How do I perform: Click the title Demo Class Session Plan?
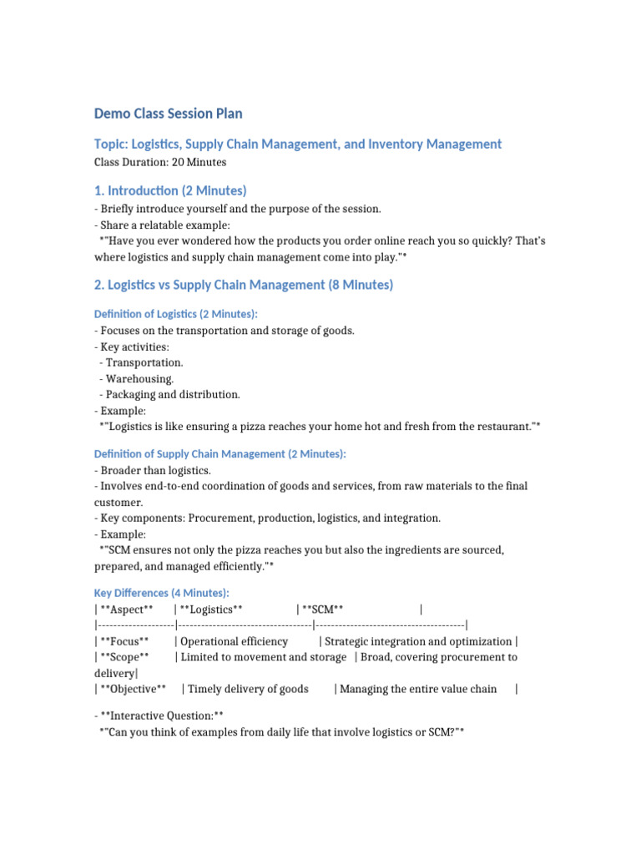click(x=168, y=114)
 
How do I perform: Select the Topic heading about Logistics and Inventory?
click(x=298, y=144)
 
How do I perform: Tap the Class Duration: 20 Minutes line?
click(x=160, y=162)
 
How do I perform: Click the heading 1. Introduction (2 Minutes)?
click(x=170, y=191)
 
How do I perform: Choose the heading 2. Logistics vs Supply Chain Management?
click(x=244, y=285)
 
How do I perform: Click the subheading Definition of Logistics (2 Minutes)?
click(x=176, y=313)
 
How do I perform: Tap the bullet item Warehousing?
click(x=139, y=378)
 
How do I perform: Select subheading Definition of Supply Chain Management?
click(x=220, y=453)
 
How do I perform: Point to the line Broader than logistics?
click(x=155, y=471)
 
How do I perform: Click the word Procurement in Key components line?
click(x=221, y=519)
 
